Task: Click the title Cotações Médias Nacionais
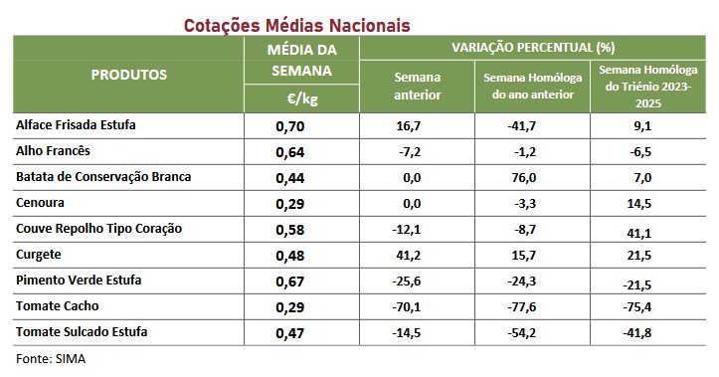pos(296,25)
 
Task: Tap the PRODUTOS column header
pos(129,75)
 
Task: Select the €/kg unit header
pos(301,98)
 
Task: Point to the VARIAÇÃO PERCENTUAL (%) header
pos(533,48)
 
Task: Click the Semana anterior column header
pos(418,86)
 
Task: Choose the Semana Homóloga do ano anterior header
pos(532,86)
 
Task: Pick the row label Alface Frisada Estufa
pos(76,124)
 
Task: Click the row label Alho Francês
pos(53,150)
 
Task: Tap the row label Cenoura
pos(40,202)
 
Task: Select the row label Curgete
pos(39,255)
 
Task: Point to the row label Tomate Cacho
pos(58,306)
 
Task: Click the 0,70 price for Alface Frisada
pos(289,126)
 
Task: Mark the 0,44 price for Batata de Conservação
pos(289,178)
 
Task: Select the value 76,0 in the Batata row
pos(524,177)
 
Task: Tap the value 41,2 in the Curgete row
pos(408,255)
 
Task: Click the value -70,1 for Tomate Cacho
pos(407,306)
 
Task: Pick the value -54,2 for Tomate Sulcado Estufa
pos(522,332)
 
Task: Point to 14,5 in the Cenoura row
pos(639,204)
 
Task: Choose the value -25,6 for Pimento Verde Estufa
pos(407,282)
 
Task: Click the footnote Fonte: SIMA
pos(51,359)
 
